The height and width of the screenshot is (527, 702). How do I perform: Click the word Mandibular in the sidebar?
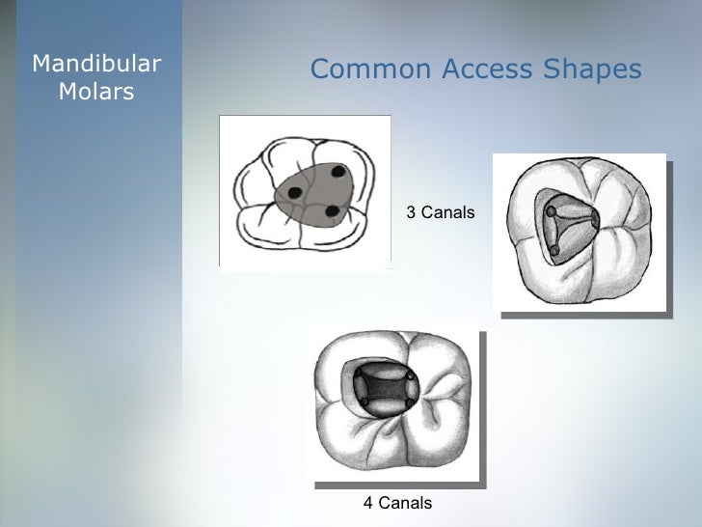coord(96,65)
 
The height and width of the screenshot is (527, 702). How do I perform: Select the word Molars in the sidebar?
coord(96,93)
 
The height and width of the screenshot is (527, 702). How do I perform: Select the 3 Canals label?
coord(440,211)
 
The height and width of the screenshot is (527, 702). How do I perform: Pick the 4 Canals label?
coord(397,503)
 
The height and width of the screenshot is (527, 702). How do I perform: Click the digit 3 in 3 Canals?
coord(410,211)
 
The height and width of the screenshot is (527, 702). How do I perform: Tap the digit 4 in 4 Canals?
coord(367,503)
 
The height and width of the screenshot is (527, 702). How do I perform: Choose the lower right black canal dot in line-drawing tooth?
coord(331,210)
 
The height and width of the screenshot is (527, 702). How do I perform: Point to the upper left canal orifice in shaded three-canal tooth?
coord(551,210)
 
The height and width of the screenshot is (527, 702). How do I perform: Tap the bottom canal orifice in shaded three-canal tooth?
coord(555,251)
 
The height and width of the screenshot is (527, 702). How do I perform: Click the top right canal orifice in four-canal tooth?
coord(411,376)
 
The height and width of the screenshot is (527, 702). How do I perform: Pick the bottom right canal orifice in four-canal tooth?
coord(411,403)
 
